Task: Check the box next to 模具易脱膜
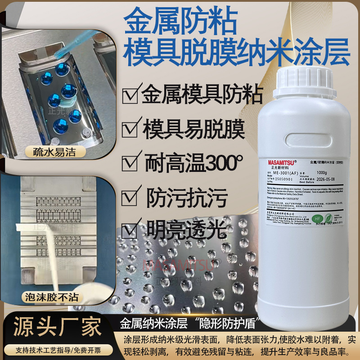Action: pyautogui.click(x=130, y=129)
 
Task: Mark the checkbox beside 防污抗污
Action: pyautogui.click(x=130, y=197)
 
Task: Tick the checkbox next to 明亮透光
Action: pyautogui.click(x=130, y=230)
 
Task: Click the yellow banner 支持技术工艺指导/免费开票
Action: pyautogui.click(x=59, y=349)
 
